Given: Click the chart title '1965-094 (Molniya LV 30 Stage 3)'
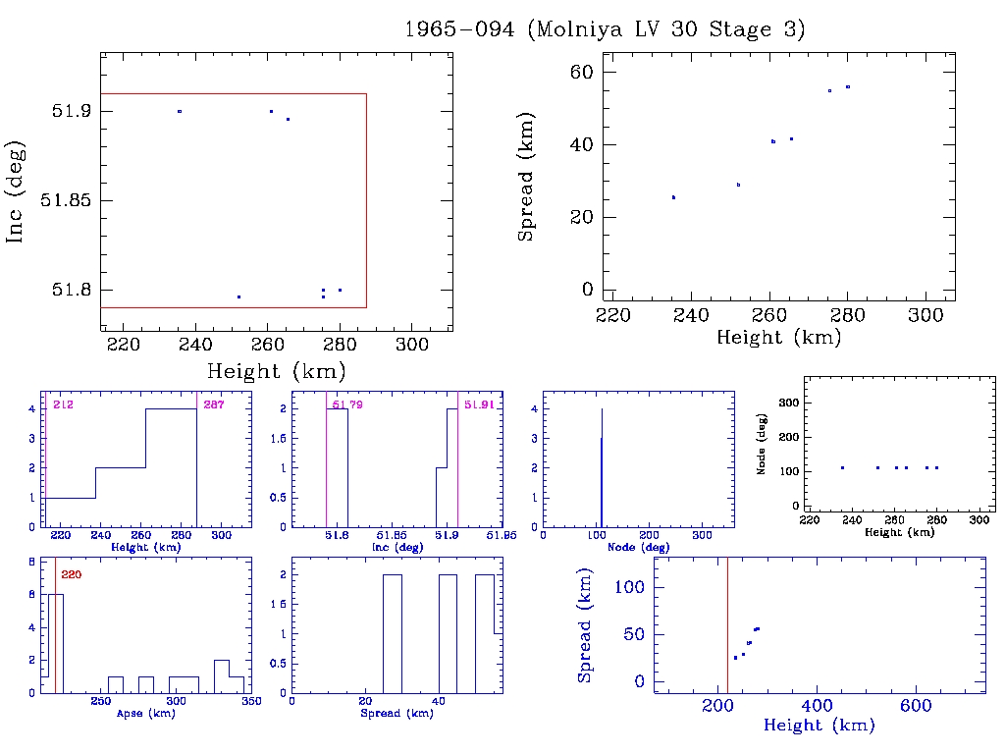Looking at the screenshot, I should (605, 29).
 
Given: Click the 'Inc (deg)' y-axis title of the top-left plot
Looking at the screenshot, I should (16, 191).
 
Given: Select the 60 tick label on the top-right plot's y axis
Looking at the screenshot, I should (583, 72).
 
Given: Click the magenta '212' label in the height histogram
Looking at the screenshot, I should (63, 404).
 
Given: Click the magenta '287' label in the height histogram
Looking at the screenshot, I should (213, 404).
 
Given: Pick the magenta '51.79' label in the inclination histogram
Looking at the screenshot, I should (347, 404).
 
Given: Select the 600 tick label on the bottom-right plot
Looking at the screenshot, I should (915, 707).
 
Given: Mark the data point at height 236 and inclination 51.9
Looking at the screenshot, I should (180, 111).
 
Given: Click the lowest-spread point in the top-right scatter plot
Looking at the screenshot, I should (673, 197).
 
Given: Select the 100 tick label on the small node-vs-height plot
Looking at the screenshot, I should (786, 471).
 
